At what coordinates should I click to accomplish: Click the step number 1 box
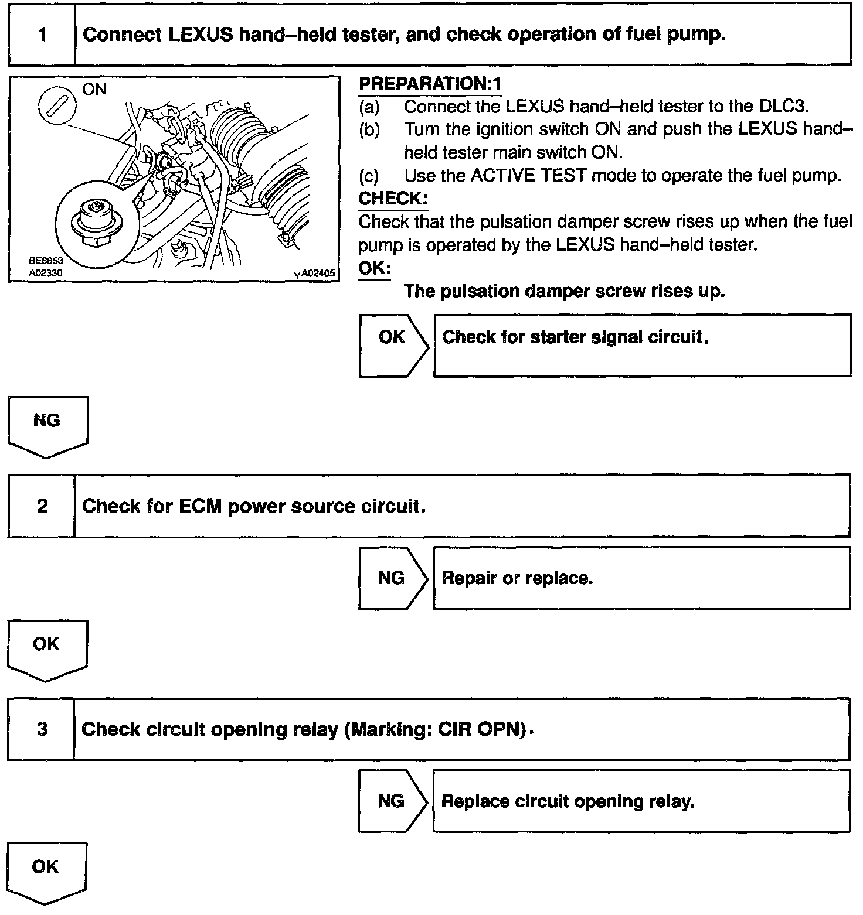[42, 35]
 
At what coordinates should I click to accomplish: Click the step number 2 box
[42, 506]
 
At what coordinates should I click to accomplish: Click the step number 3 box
[42, 729]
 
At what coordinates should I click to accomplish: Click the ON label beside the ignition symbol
[94, 90]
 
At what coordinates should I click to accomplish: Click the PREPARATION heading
[430, 84]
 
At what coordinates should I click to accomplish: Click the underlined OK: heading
[375, 268]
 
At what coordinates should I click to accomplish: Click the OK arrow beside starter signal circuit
[393, 344]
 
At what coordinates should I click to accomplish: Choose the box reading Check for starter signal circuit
[642, 344]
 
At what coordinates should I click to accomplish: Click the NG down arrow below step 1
[47, 426]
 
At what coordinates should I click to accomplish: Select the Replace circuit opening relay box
[641, 801]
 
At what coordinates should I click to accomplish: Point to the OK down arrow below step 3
[46, 872]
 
